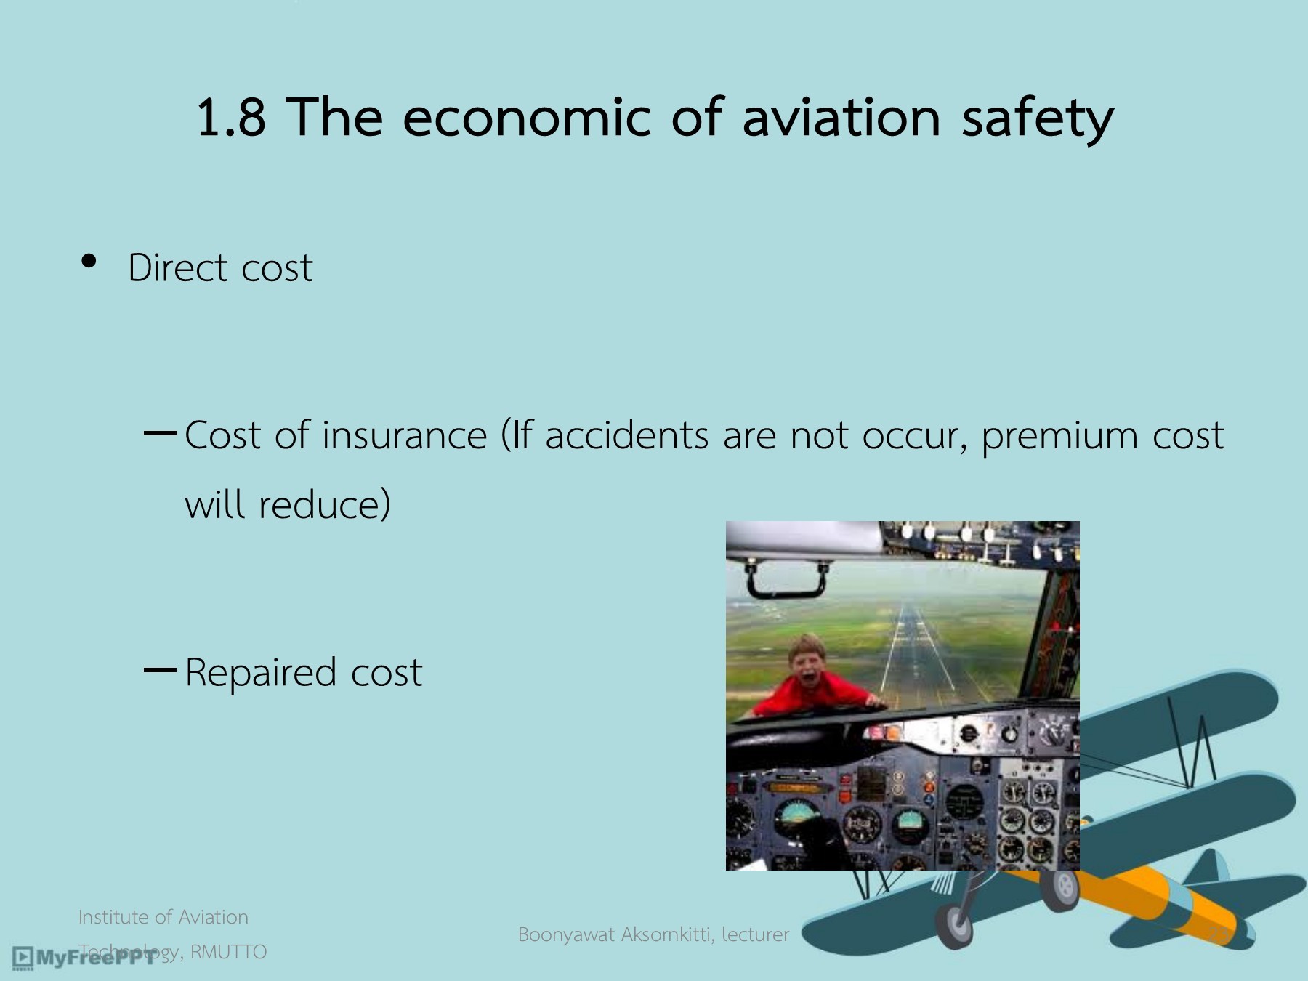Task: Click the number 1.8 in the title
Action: click(230, 117)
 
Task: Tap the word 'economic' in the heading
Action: click(526, 117)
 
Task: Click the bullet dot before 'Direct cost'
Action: click(89, 261)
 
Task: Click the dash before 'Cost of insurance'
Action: click(160, 434)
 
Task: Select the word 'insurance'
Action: click(404, 435)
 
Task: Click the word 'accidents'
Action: click(626, 435)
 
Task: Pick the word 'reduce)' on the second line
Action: click(325, 504)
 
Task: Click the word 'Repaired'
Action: click(261, 673)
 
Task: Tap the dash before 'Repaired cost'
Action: click(160, 670)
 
